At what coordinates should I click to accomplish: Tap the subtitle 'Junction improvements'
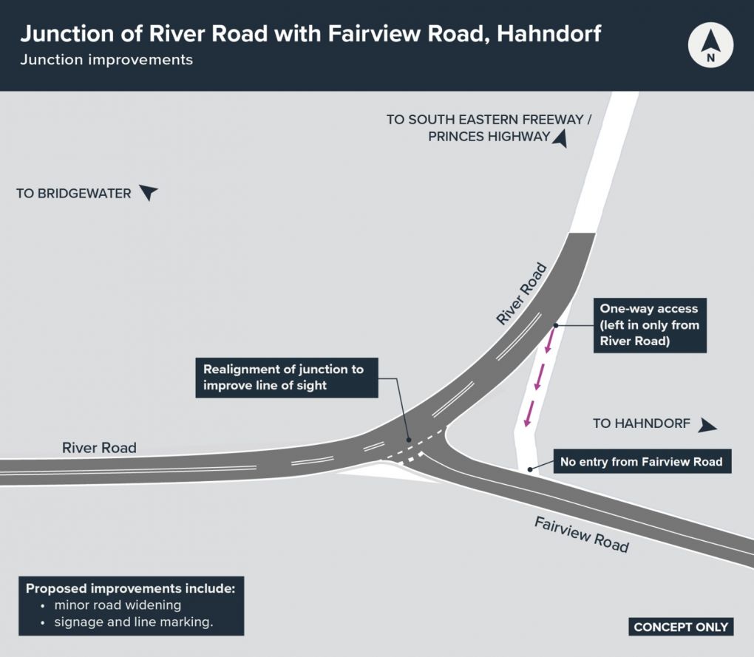(x=106, y=60)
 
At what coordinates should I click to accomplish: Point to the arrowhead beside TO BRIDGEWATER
(x=149, y=193)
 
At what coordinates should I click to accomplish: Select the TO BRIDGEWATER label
(x=74, y=194)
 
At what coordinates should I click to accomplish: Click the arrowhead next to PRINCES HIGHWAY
(x=560, y=137)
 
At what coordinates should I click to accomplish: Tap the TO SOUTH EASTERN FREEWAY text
(x=489, y=119)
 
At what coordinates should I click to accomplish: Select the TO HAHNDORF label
(x=642, y=423)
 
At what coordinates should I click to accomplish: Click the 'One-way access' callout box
(x=649, y=325)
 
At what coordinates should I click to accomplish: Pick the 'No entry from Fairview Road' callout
(x=641, y=463)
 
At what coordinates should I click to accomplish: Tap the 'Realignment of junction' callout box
(x=287, y=377)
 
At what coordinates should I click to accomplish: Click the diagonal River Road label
(x=521, y=294)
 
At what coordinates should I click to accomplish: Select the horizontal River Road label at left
(x=99, y=447)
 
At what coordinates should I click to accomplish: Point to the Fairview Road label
(x=581, y=534)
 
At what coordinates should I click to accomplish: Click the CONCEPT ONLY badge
(x=681, y=627)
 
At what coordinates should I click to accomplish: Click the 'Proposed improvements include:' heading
(x=130, y=589)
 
